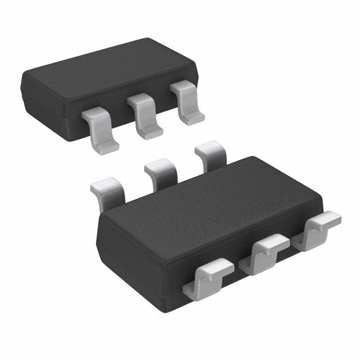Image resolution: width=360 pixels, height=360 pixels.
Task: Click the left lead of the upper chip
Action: point(101,128)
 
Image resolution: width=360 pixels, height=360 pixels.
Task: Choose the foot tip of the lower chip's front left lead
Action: point(217,264)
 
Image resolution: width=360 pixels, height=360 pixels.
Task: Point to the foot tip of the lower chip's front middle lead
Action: point(273,242)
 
